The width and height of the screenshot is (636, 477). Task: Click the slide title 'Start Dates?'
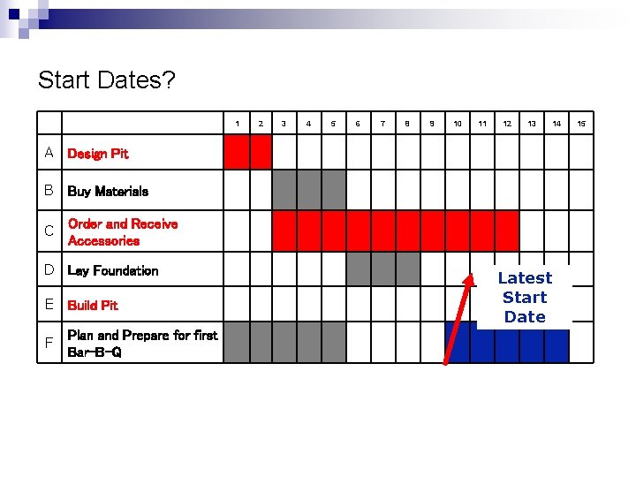coord(106,81)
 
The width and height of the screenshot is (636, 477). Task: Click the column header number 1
coord(236,124)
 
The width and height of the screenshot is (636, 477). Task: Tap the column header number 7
coord(382,124)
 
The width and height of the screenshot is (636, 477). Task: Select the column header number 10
coord(458,124)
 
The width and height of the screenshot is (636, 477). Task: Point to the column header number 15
coord(581,124)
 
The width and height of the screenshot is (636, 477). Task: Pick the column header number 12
coord(507,124)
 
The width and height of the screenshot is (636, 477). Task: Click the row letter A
coord(50,153)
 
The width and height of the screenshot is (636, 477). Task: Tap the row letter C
coord(50,231)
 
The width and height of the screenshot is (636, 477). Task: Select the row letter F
coord(50,343)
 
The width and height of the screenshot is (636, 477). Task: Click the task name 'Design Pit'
coord(97,154)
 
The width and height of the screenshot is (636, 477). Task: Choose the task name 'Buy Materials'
coord(108,191)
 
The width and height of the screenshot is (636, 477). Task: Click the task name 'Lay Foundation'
coord(112,270)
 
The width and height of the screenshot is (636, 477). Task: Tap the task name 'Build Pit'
coord(93,305)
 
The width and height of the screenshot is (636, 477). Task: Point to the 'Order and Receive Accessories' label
coord(123,232)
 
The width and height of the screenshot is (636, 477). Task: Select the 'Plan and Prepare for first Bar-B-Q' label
coord(142,344)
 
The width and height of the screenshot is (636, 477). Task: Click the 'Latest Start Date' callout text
coord(525,298)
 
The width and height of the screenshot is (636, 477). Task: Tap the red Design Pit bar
coord(248,153)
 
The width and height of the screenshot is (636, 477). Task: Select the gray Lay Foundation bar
coord(382,269)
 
